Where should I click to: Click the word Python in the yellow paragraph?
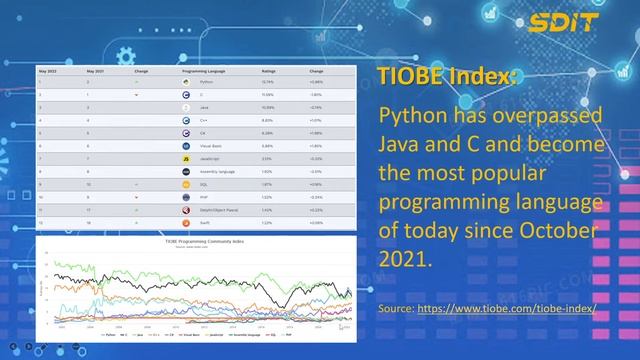tap(409, 117)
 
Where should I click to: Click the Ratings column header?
tap(269, 73)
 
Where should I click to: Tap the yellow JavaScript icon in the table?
tap(187, 158)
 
